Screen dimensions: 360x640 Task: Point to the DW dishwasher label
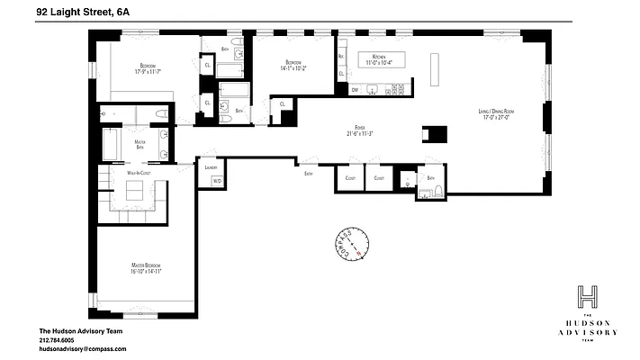[x=355, y=90]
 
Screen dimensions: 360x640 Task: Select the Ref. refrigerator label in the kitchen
[x=342, y=56]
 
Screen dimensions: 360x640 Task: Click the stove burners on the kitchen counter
[x=396, y=90]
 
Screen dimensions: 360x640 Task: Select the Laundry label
[x=212, y=167]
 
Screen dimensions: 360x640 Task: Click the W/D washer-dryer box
[x=217, y=181]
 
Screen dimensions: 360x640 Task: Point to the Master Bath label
[x=140, y=142]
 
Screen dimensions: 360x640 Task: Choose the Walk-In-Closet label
[x=138, y=172]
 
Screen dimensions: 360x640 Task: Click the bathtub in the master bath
[x=112, y=144]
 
